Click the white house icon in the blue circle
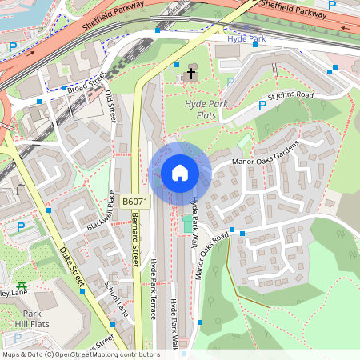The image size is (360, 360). click(x=180, y=173)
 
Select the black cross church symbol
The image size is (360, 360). click(x=190, y=74)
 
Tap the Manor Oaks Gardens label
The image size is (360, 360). click(x=265, y=152)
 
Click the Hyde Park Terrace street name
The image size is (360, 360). click(x=153, y=289)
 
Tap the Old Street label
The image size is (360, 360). click(x=110, y=106)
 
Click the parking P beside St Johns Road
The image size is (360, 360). click(x=262, y=106)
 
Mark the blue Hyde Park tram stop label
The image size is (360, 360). click(x=246, y=38)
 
